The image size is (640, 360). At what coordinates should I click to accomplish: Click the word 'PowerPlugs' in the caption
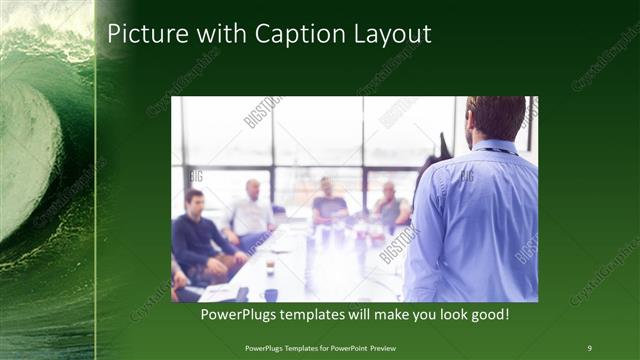pyautogui.click(x=238, y=315)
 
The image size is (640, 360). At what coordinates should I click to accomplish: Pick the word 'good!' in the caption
pyautogui.click(x=487, y=315)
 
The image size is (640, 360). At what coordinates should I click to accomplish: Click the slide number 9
pyautogui.click(x=589, y=347)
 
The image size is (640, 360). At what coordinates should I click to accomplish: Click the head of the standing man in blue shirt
pyautogui.click(x=495, y=117)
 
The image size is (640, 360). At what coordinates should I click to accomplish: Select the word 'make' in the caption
pyautogui.click(x=387, y=315)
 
